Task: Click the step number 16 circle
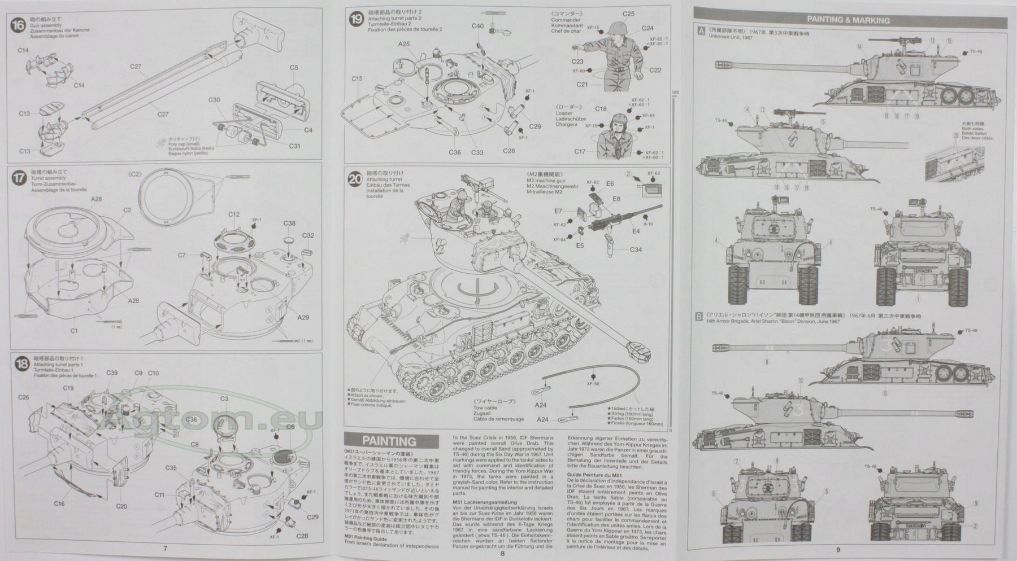click(x=19, y=25)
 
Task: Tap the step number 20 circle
click(x=355, y=179)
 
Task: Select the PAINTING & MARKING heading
click(x=848, y=20)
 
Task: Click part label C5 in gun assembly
click(x=294, y=68)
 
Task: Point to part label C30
click(x=214, y=100)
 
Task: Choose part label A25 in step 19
click(x=404, y=44)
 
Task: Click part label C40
click(x=477, y=26)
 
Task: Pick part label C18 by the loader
click(x=601, y=109)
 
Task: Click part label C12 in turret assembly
click(x=234, y=214)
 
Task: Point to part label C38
click(x=289, y=223)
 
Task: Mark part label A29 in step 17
click(x=303, y=317)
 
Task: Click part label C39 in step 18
click(x=112, y=373)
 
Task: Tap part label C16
click(x=59, y=504)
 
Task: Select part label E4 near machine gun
click(x=636, y=231)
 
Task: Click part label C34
click(x=636, y=250)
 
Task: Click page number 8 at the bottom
click(x=502, y=553)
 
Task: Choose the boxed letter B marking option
click(x=700, y=317)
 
